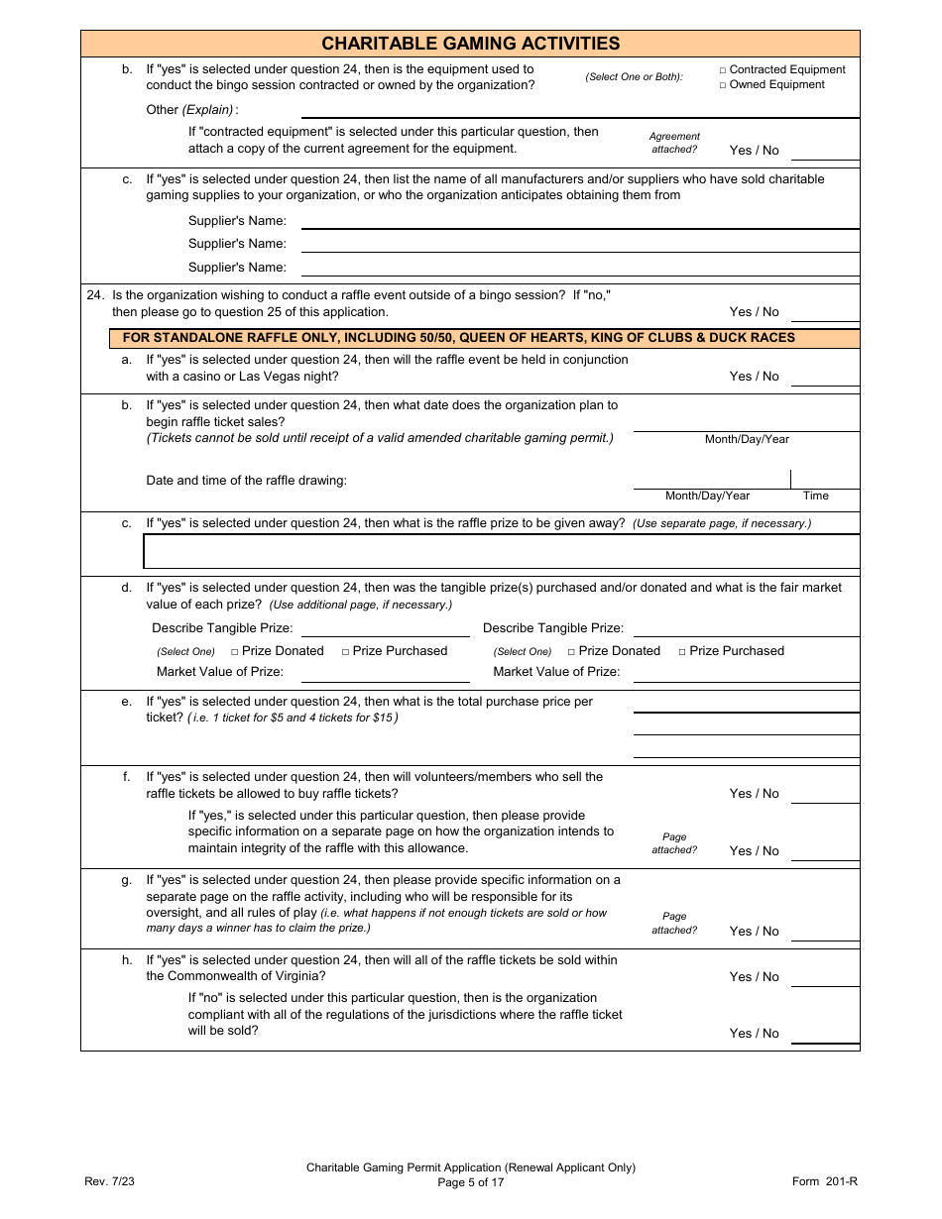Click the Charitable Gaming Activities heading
470,44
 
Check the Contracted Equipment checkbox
723,70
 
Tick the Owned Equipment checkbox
723,85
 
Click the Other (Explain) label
191,110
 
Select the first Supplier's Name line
579,221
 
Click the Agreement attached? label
674,143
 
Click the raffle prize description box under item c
501,551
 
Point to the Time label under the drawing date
815,496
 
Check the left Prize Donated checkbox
235,652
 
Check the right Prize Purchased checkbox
682,652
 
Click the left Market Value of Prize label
219,672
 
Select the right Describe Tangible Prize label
552,628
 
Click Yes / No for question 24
754,312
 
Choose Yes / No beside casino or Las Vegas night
754,377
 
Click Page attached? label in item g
674,924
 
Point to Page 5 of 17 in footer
470,1182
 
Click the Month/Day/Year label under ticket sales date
747,439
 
